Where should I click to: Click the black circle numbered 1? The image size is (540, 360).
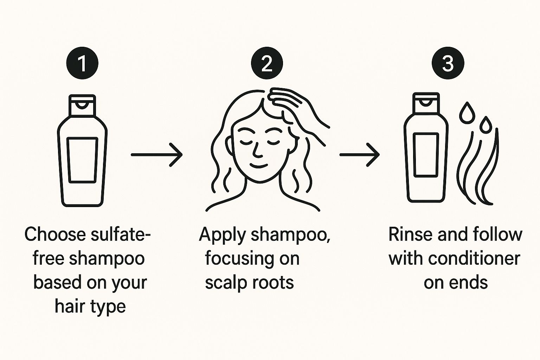(x=82, y=63)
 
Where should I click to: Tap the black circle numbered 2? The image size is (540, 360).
(x=267, y=63)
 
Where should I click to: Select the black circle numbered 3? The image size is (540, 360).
(x=448, y=63)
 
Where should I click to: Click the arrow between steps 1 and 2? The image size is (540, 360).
(x=156, y=155)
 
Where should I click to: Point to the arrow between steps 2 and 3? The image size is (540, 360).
(x=359, y=155)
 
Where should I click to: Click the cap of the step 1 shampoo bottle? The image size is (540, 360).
(x=82, y=105)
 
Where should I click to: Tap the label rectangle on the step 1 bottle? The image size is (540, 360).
(x=82, y=160)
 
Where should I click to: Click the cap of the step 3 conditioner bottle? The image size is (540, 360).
(x=426, y=103)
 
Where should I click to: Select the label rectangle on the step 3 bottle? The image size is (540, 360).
(x=426, y=155)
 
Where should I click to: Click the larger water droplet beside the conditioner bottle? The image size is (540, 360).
(x=467, y=113)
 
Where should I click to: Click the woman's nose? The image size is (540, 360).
(x=257, y=150)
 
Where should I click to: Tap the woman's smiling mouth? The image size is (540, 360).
(x=259, y=166)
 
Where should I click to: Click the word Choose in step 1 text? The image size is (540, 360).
(x=55, y=234)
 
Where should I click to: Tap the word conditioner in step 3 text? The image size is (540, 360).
(x=474, y=258)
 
